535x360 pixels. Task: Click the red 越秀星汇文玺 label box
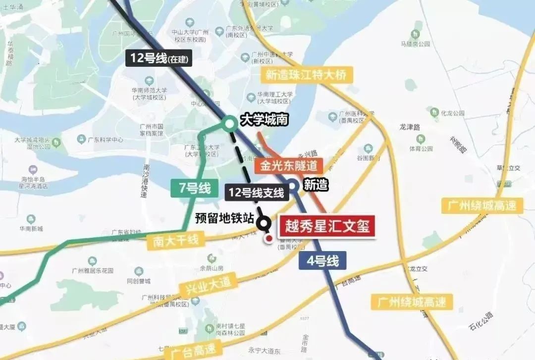(327, 226)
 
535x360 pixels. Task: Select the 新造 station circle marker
(293, 186)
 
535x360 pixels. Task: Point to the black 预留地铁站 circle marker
(264, 223)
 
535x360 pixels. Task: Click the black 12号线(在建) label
(159, 58)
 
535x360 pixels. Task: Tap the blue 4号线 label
(322, 260)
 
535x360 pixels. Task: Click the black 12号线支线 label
(256, 193)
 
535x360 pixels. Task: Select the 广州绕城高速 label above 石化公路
(411, 301)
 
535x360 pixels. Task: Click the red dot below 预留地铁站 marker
(269, 239)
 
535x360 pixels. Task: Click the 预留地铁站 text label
(224, 218)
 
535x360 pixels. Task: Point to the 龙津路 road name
(410, 127)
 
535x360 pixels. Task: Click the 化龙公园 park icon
(434, 112)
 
